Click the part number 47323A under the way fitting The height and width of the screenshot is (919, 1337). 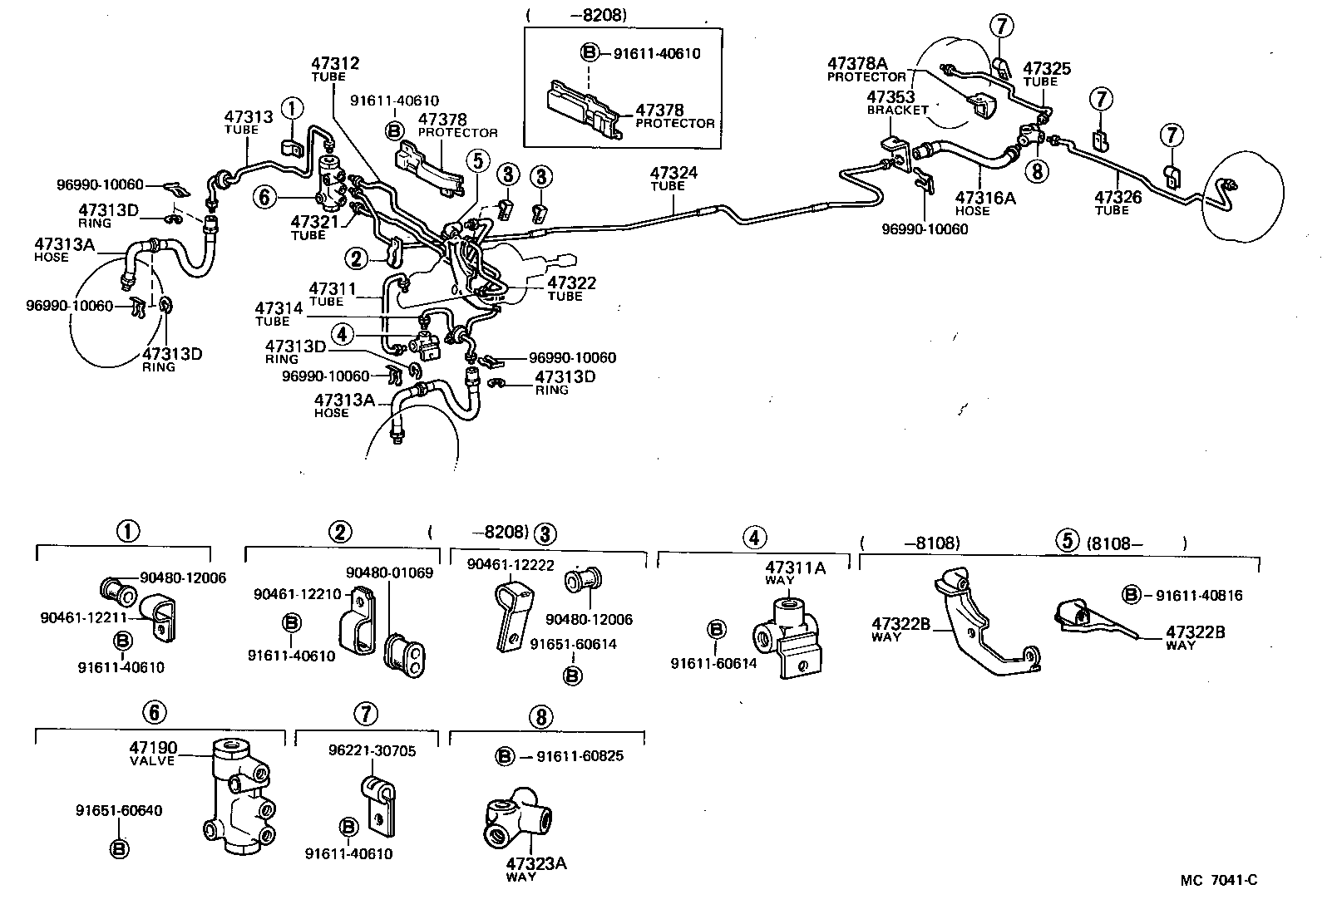536,863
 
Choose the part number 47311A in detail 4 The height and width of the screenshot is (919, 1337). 795,568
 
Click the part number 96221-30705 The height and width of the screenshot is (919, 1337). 373,751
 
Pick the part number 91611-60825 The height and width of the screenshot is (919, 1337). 580,756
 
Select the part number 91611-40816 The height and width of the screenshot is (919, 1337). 1198,595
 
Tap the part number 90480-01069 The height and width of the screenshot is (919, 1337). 389,573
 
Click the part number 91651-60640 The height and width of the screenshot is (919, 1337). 119,810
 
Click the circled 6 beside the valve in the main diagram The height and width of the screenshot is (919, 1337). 264,197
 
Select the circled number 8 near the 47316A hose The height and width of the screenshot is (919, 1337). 1036,171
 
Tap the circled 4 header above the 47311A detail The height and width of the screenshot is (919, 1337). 753,538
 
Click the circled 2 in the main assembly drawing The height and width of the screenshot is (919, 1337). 358,259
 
